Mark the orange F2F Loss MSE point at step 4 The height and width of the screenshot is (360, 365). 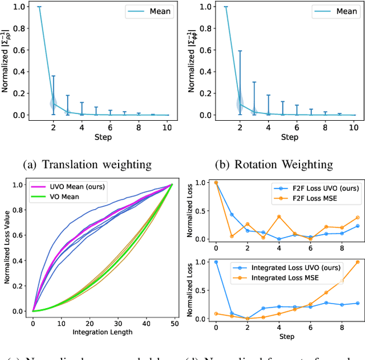click(x=279, y=216)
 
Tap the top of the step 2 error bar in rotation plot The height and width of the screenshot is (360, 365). click(x=240, y=51)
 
